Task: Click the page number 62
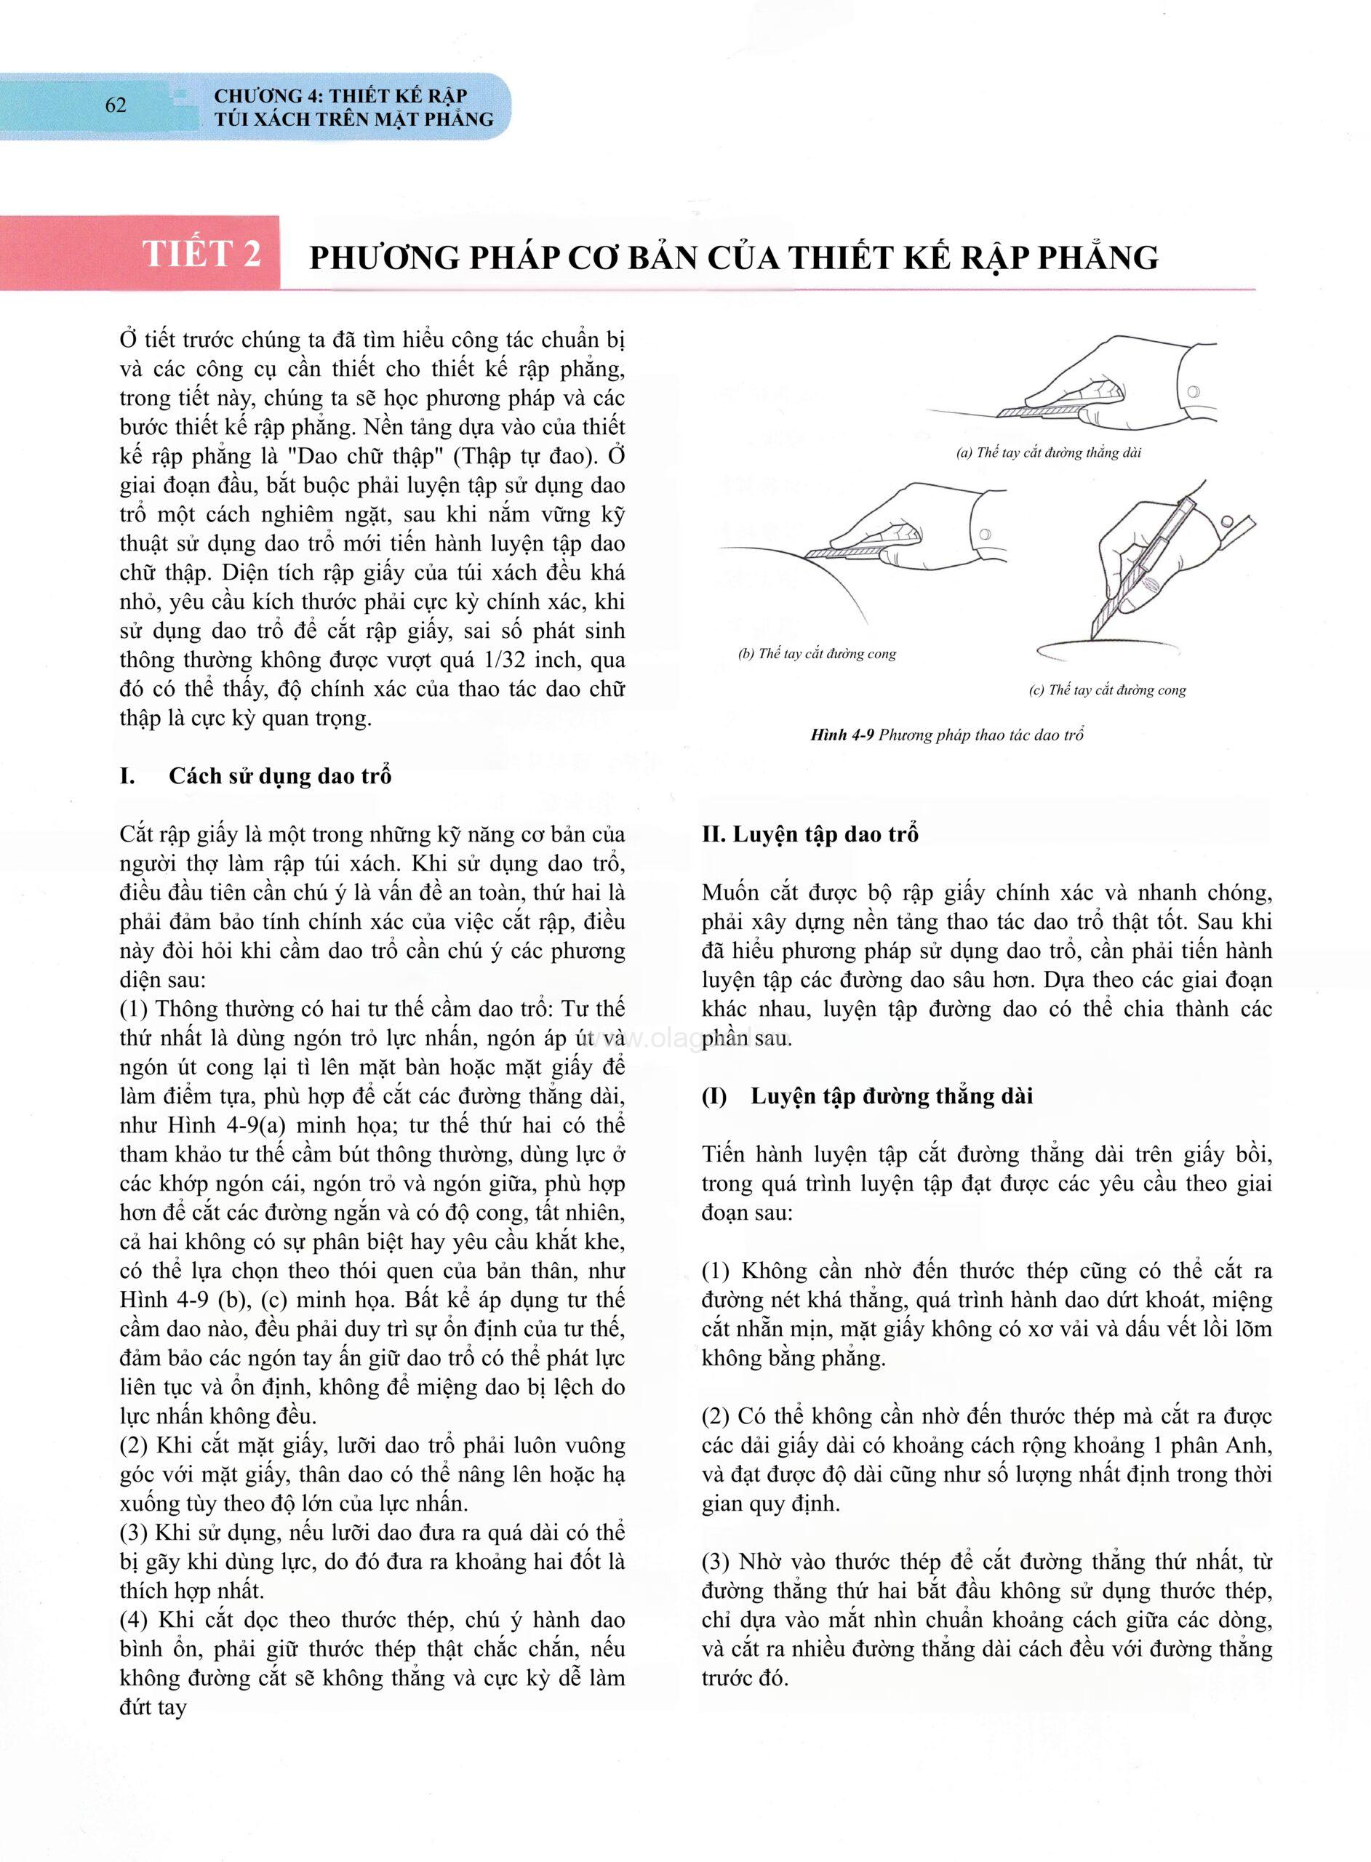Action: click(116, 105)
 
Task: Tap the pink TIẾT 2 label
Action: click(201, 253)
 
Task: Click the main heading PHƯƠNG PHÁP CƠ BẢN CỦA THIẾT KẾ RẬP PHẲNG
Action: click(734, 258)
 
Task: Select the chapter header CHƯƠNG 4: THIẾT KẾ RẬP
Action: click(340, 95)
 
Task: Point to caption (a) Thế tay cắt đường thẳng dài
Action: click(1048, 453)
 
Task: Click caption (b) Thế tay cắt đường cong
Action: click(817, 653)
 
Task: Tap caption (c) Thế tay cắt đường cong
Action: click(1107, 690)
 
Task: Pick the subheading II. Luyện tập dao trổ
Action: click(810, 834)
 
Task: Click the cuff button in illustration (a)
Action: click(1194, 390)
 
